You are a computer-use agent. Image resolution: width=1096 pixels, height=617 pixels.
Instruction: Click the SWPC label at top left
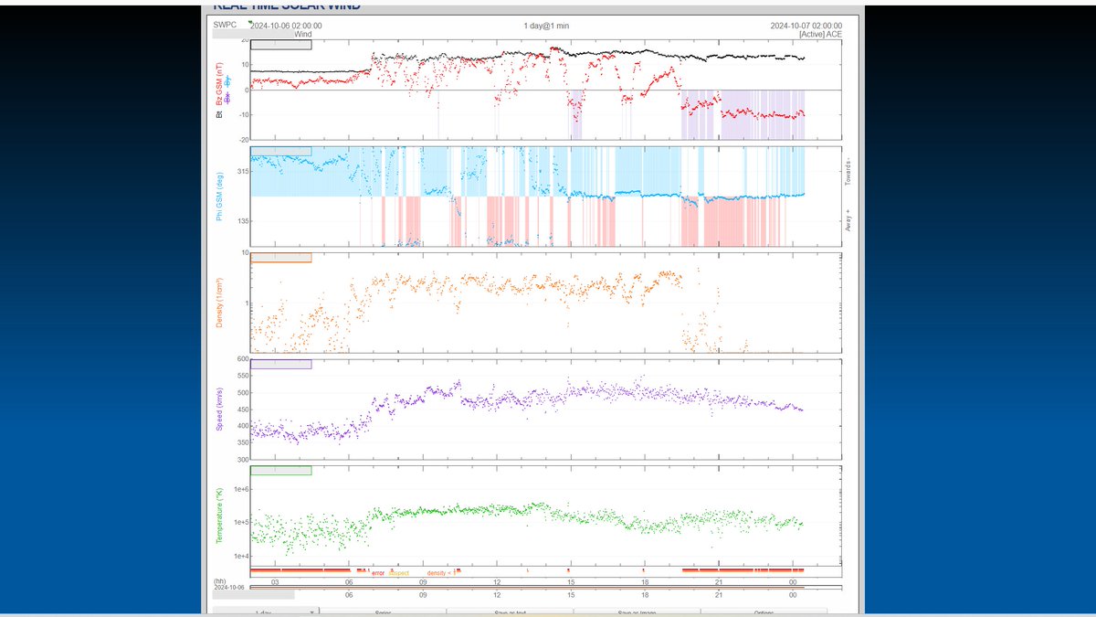click(x=224, y=26)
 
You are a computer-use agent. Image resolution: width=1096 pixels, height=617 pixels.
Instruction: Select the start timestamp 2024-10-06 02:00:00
click(x=285, y=26)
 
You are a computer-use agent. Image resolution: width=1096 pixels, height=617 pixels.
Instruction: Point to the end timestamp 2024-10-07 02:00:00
click(x=806, y=26)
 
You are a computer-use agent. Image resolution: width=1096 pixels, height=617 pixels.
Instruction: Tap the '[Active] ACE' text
click(x=820, y=35)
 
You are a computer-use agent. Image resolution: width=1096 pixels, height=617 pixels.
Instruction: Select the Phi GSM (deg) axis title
click(x=219, y=197)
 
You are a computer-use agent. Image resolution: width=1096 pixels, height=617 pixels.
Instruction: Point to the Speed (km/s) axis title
click(x=219, y=410)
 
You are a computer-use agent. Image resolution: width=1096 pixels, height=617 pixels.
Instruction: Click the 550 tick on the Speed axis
click(x=243, y=376)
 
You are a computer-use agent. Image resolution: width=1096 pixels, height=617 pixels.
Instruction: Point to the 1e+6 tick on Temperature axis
click(x=240, y=490)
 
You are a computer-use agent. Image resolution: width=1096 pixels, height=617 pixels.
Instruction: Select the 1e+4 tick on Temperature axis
click(x=240, y=556)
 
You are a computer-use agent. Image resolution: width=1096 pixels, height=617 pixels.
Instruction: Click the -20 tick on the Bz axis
click(x=242, y=140)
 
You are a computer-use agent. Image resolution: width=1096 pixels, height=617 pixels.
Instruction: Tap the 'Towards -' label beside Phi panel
click(x=848, y=172)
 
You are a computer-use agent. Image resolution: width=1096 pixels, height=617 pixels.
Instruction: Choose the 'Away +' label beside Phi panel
click(x=848, y=222)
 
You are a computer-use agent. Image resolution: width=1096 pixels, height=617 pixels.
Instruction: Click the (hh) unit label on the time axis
click(x=219, y=581)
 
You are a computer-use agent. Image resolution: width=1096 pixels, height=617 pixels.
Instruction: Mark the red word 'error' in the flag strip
click(x=378, y=572)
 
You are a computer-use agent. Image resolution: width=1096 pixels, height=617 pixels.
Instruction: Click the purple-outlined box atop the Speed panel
click(x=281, y=364)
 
